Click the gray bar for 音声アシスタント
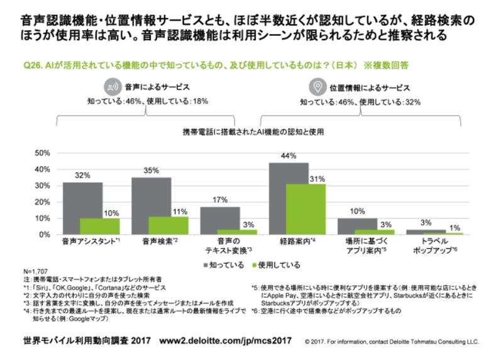pyautogui.click(x=82, y=208)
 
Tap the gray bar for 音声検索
pyautogui.click(x=151, y=205)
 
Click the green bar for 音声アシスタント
pyautogui.click(x=100, y=226)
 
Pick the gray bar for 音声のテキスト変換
pyautogui.click(x=220, y=220)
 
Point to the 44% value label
pyautogui.click(x=289, y=157)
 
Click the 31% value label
pyautogui.click(x=317, y=179)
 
